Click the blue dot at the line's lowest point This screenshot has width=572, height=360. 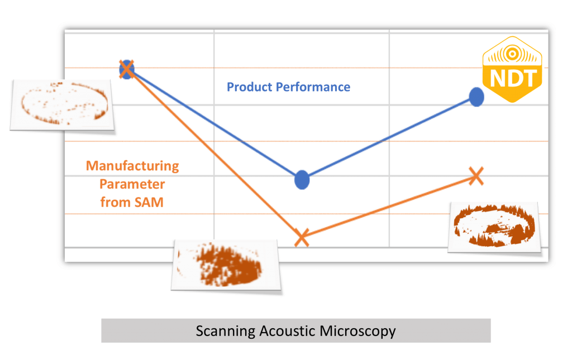pos(302,179)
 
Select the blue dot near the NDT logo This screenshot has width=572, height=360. pos(476,97)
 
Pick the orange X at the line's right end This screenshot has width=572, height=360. pos(475,175)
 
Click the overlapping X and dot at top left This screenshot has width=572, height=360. pos(127,69)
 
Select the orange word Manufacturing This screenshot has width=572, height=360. pos(132,166)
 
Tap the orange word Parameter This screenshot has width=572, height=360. pos(132,184)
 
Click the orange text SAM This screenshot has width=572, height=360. pos(150,202)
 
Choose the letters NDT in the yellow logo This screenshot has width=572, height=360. pos(512,78)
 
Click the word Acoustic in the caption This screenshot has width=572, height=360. pos(288,331)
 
